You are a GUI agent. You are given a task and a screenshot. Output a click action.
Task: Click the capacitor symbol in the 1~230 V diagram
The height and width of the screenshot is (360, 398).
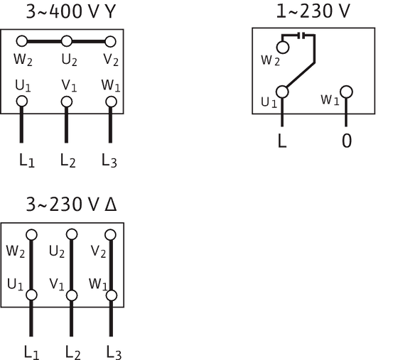coord(302,36)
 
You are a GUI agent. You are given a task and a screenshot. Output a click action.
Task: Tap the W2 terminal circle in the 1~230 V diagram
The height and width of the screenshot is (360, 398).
coord(283,48)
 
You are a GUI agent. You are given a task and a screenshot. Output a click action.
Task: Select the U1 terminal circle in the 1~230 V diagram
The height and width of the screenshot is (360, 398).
coord(282,92)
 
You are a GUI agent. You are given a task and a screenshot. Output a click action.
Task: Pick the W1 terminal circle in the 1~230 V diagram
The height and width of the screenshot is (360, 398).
coord(346,92)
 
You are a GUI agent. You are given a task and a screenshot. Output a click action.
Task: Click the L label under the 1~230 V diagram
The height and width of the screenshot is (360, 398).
coord(282,141)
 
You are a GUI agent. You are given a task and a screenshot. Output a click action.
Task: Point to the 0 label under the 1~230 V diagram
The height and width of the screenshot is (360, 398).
coord(347,141)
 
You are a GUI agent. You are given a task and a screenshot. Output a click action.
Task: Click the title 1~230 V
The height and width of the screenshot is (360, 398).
coord(313,11)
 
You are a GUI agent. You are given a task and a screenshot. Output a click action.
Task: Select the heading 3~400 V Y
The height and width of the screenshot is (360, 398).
coord(71,11)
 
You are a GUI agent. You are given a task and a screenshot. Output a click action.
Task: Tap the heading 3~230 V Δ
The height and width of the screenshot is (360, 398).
coord(71,204)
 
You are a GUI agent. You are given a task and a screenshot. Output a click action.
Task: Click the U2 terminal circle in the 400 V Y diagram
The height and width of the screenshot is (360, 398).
coord(67,41)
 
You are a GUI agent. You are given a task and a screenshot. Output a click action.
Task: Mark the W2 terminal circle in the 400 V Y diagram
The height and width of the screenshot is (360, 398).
coord(21,41)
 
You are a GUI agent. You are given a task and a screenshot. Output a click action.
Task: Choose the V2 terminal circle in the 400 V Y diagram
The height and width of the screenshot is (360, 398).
coord(110,42)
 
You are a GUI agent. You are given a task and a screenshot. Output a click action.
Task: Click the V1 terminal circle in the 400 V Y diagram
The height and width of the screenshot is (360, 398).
coord(67,102)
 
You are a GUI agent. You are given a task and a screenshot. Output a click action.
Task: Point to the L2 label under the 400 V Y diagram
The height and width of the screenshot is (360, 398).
coord(68,160)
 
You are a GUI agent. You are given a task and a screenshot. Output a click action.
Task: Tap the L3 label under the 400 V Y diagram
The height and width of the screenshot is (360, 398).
coord(109,160)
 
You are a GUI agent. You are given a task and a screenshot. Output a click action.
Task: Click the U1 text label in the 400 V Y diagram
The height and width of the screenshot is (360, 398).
coord(23,86)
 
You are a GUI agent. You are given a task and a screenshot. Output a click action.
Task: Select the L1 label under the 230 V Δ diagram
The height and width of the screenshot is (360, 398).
coord(32,352)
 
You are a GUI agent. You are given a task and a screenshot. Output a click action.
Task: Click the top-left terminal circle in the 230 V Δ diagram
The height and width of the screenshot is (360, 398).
coord(31,235)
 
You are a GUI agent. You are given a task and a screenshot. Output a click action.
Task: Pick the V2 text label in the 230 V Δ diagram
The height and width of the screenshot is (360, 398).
coord(98,251)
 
